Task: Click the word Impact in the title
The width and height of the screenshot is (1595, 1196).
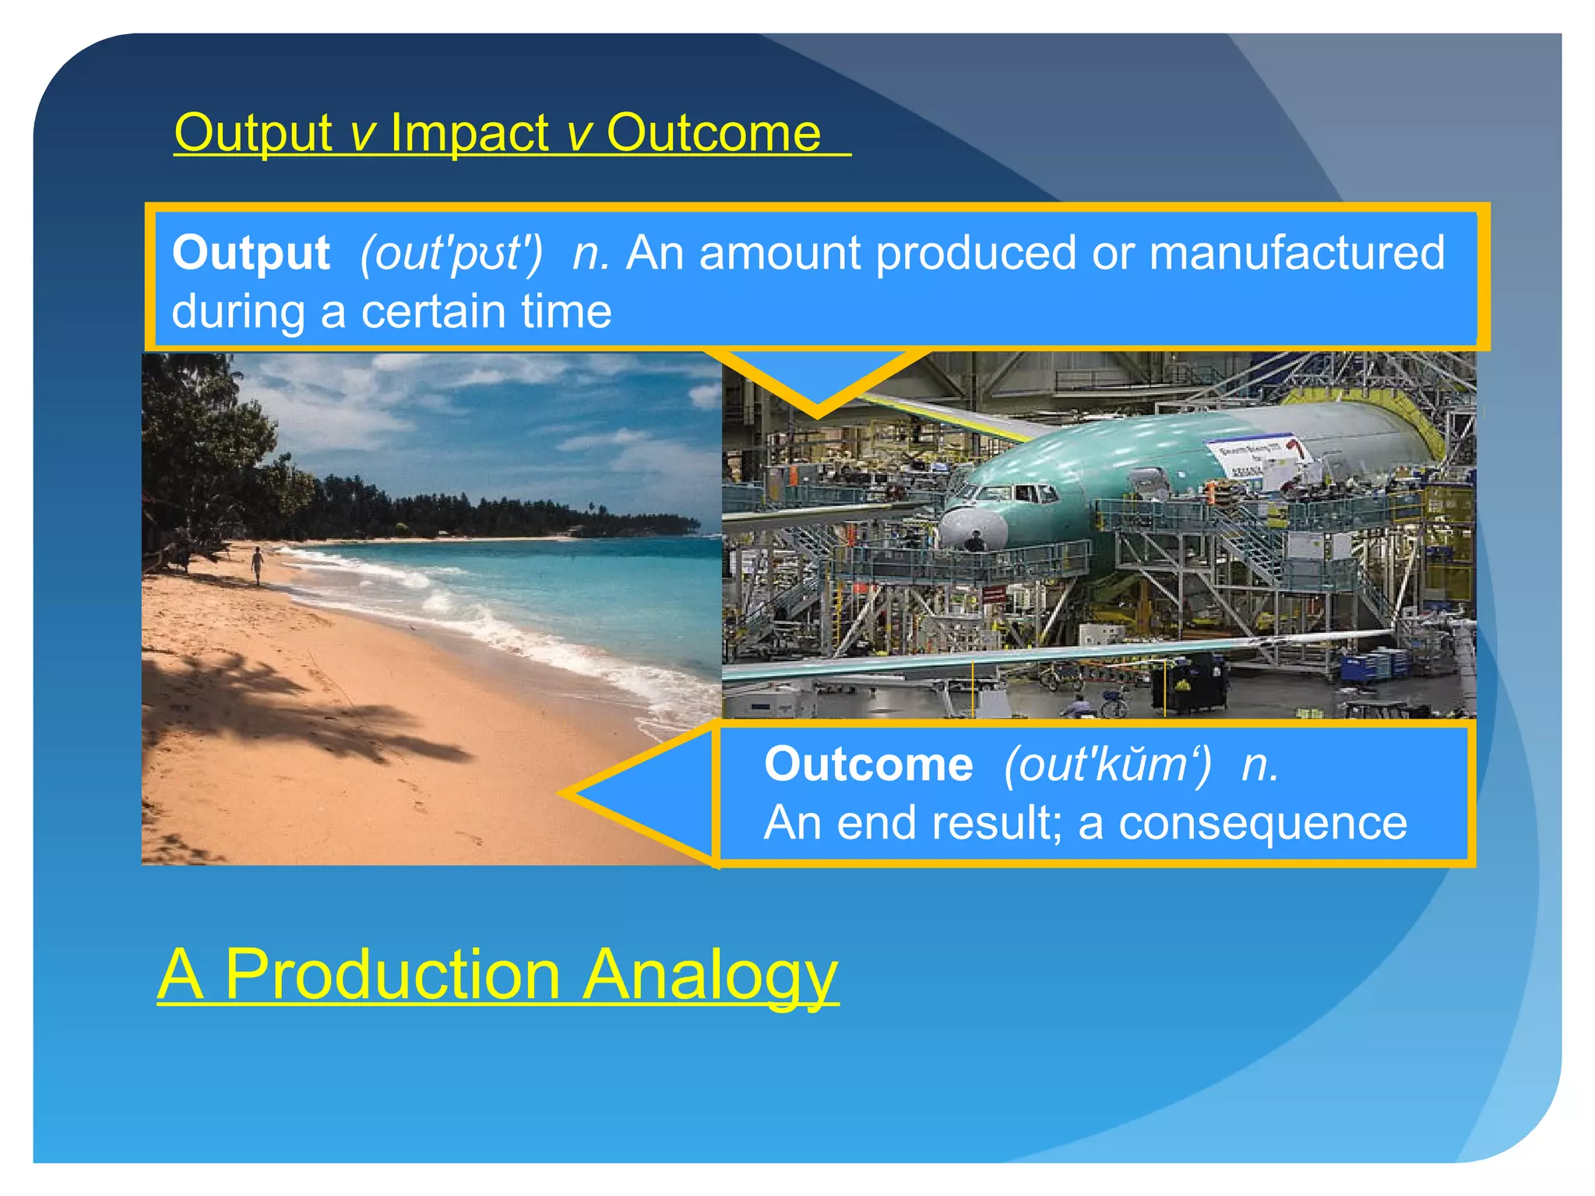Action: point(470,132)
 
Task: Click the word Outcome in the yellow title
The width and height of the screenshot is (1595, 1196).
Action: point(713,132)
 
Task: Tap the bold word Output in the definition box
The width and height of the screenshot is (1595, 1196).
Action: point(251,253)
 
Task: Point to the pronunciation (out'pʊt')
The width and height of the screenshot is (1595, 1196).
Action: point(451,254)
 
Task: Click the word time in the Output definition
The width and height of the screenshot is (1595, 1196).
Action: point(566,311)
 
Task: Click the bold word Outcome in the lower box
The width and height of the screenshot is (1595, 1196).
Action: point(868,764)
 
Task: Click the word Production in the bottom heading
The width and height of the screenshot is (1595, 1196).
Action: point(392,974)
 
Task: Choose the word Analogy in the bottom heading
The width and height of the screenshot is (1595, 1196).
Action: point(710,974)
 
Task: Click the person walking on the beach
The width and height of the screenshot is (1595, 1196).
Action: point(257,563)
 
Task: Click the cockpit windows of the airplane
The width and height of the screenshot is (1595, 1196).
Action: point(1009,492)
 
